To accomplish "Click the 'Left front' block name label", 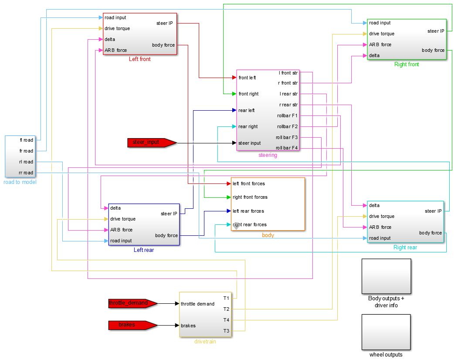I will click(x=139, y=59).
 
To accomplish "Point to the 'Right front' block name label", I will click(x=407, y=65).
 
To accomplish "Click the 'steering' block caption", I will click(x=268, y=155).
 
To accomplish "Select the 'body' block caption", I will click(x=268, y=235).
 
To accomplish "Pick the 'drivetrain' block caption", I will click(x=205, y=342).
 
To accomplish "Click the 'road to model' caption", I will click(x=20, y=182).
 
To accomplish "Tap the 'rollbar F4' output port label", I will click(x=287, y=148).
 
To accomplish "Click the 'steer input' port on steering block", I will click(x=250, y=143).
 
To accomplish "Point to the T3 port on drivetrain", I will click(x=226, y=331).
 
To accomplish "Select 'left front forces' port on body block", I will click(x=249, y=183).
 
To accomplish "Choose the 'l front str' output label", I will click(x=288, y=72).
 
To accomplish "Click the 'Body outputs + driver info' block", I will click(x=386, y=276).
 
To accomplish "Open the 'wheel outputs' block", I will click(x=386, y=332).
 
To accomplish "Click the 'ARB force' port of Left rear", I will click(x=121, y=230).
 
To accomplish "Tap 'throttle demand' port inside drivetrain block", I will click(x=197, y=304).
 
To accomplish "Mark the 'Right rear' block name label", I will click(x=405, y=248).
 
